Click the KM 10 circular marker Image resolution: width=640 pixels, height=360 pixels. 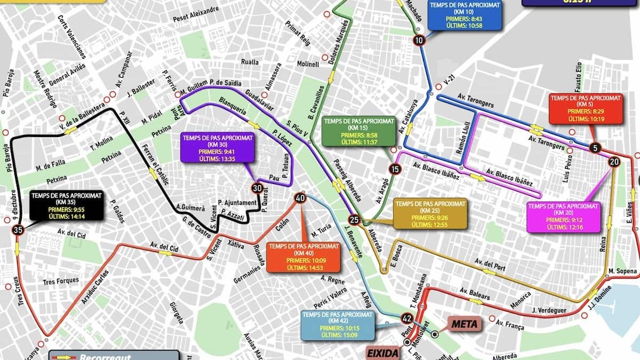click(419, 41)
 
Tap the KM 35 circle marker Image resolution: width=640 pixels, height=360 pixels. click(19, 230)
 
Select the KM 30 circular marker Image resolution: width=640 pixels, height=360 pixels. click(257, 188)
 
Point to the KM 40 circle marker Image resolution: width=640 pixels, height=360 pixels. click(300, 198)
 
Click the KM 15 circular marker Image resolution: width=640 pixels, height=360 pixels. click(395, 170)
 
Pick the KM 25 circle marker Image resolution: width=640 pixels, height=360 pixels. click(354, 220)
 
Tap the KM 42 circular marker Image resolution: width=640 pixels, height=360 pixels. click(407, 319)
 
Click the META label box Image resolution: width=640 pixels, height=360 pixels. click(464, 324)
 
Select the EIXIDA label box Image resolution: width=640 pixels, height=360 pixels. click(383, 353)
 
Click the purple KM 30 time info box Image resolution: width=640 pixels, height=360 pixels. click(218, 147)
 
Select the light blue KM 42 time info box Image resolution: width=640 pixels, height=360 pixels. click(337, 325)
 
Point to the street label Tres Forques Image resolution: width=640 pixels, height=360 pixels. click(61, 281)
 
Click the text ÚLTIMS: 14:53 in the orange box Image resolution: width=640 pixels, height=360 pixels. click(304, 268)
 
